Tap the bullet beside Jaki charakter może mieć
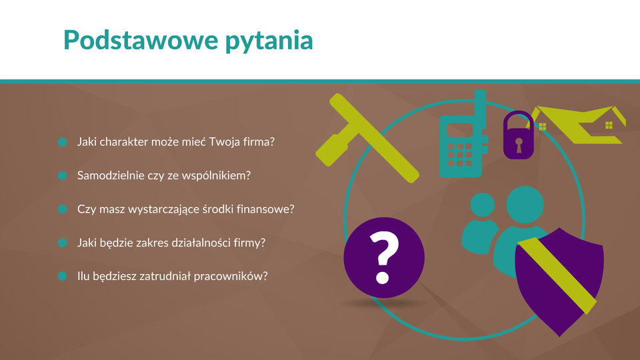63,142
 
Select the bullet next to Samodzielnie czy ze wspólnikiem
63,175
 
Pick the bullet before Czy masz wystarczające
63,209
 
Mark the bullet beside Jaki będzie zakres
63,243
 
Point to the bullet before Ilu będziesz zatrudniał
63,276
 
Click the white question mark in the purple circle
384,257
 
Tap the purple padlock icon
519,135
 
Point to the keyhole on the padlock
519,145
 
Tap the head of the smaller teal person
483,205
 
